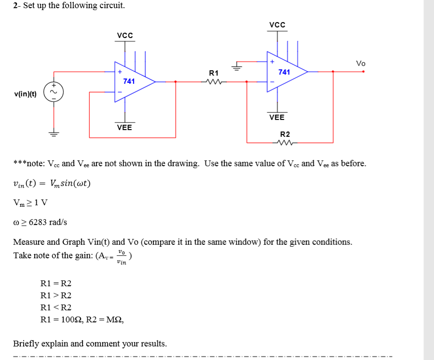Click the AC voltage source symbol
click(x=53, y=92)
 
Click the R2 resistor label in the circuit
click(x=285, y=134)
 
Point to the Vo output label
click(x=361, y=63)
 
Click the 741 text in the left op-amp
click(x=129, y=81)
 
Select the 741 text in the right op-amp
click(x=284, y=72)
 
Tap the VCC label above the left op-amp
click(x=125, y=35)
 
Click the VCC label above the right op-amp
click(x=277, y=25)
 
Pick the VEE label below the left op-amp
click(x=124, y=127)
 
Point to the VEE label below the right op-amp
click(x=277, y=117)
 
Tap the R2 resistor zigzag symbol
click(x=285, y=143)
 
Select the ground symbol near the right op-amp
click(x=236, y=67)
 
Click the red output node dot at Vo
click(x=363, y=72)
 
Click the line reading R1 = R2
click(x=56, y=283)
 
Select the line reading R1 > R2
click(x=56, y=295)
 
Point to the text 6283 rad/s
click(x=48, y=222)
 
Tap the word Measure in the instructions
click(x=29, y=242)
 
